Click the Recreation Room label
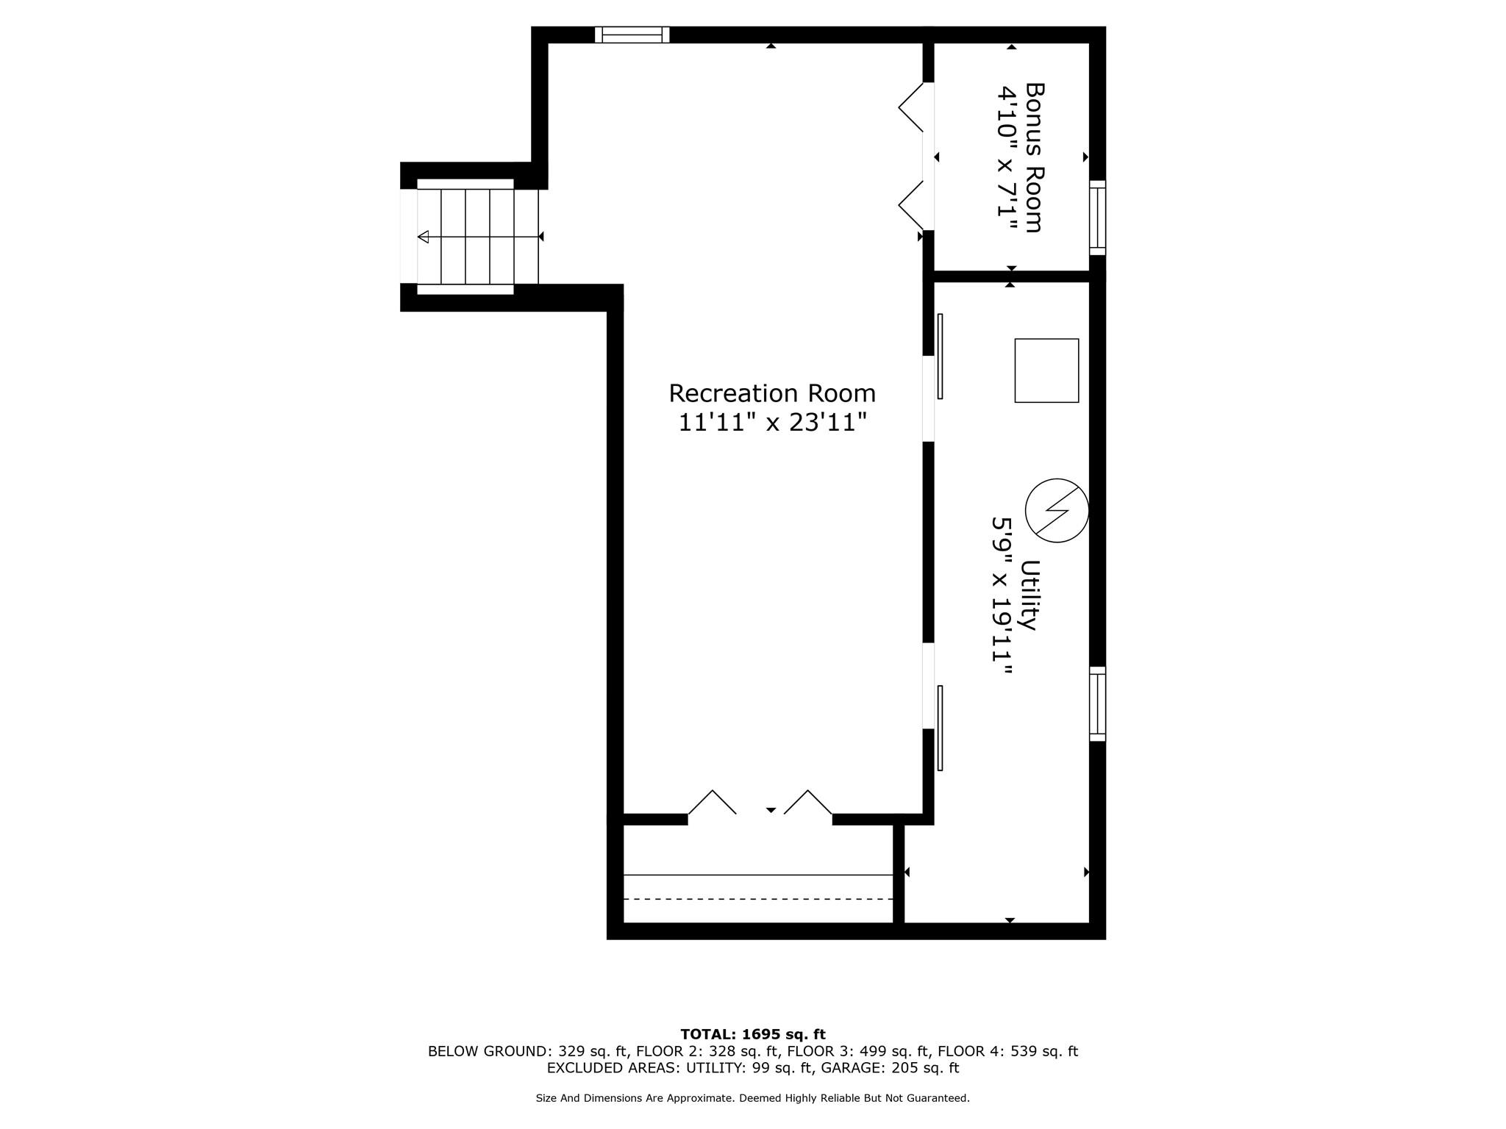point(772,394)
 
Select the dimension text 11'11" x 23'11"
point(772,423)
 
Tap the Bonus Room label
point(1035,157)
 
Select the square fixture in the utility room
point(1046,370)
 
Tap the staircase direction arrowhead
point(423,237)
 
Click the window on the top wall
point(632,35)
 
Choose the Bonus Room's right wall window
point(1097,218)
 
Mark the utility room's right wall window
point(1097,703)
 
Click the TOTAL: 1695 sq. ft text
point(753,1035)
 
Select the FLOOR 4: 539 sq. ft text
point(1008,1052)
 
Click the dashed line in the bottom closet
point(758,899)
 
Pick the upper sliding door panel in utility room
point(940,356)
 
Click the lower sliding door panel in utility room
point(940,728)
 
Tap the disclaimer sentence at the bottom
point(753,1098)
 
